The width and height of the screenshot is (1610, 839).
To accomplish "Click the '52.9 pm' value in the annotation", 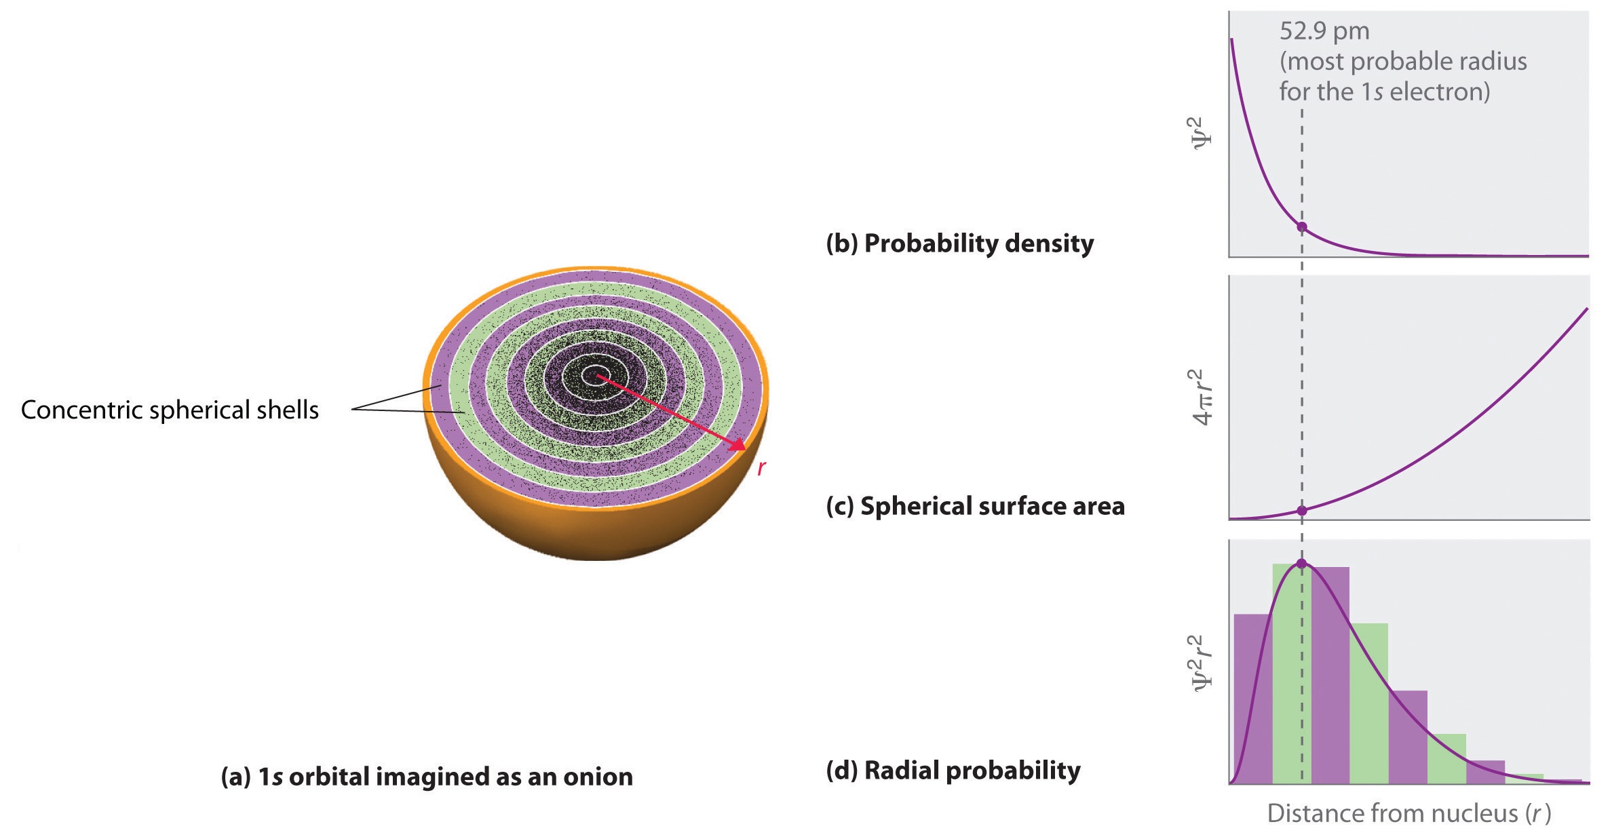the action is (1324, 32).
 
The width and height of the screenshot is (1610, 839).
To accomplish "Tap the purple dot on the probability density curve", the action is (1301, 227).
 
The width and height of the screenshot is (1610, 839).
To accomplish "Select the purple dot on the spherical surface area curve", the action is (1301, 510).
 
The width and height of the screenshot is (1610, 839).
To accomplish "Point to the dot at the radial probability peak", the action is (1301, 564).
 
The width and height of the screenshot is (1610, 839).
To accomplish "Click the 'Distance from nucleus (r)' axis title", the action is (1409, 813).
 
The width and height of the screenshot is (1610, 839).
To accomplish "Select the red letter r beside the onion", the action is (762, 467).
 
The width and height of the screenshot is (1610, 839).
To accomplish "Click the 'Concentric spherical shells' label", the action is (170, 410).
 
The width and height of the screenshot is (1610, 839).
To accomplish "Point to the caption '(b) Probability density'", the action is (959, 243).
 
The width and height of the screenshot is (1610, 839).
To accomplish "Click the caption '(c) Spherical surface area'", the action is (975, 507).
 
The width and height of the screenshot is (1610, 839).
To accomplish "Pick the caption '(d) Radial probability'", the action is (953, 771).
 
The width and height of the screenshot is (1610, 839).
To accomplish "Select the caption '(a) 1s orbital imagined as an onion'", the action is (427, 777).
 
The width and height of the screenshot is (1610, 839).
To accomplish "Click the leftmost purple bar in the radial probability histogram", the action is (1252, 699).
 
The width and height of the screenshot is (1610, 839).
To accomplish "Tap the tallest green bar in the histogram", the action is (1290, 674).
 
